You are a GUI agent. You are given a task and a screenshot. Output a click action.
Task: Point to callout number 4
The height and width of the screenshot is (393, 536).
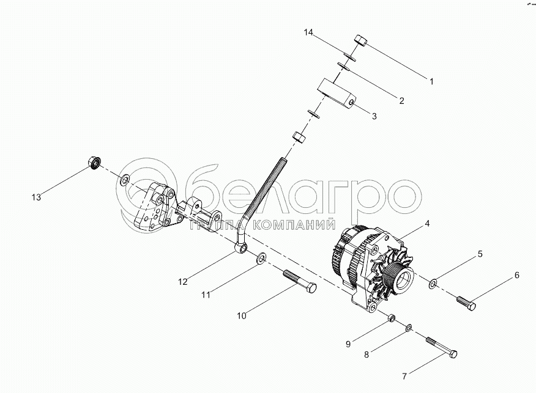426,224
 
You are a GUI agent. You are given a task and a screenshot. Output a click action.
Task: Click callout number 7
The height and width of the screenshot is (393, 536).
516,276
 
